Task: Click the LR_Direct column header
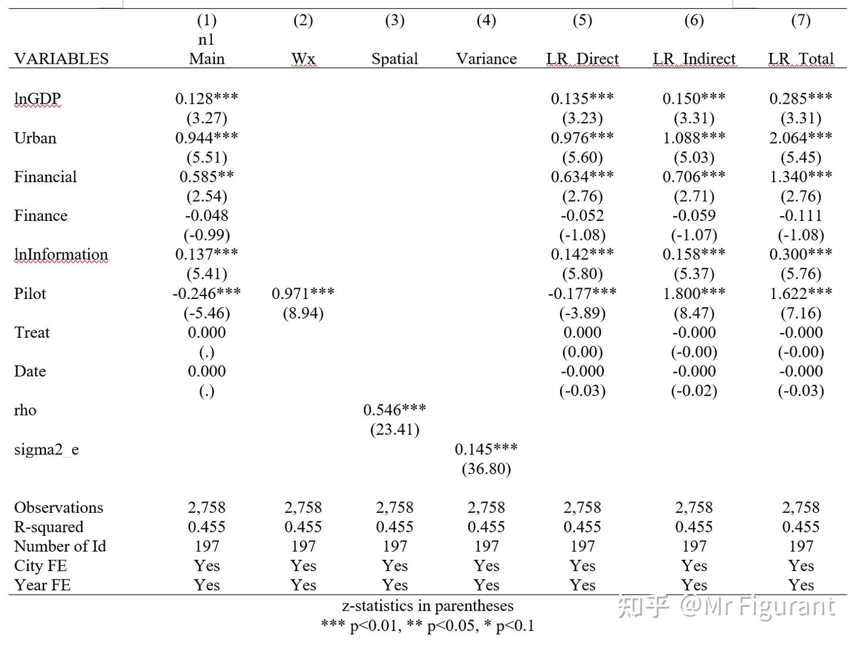[582, 59]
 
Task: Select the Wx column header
[303, 59]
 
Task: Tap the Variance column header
[486, 59]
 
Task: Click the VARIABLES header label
[61, 59]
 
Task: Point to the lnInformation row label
[61, 255]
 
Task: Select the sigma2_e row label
[46, 450]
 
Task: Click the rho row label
[25, 410]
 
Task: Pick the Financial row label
[45, 177]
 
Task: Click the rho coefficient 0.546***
[395, 410]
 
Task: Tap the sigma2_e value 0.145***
[486, 450]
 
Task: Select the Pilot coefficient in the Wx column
[303, 294]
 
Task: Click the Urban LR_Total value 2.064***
[800, 138]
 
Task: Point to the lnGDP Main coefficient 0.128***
[207, 99]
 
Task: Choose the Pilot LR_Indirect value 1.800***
[694, 294]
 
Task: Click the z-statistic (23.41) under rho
[395, 430]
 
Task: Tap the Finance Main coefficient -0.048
[207, 216]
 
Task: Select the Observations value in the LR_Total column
[800, 507]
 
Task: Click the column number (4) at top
[486, 20]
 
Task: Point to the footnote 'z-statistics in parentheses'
[427, 606]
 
